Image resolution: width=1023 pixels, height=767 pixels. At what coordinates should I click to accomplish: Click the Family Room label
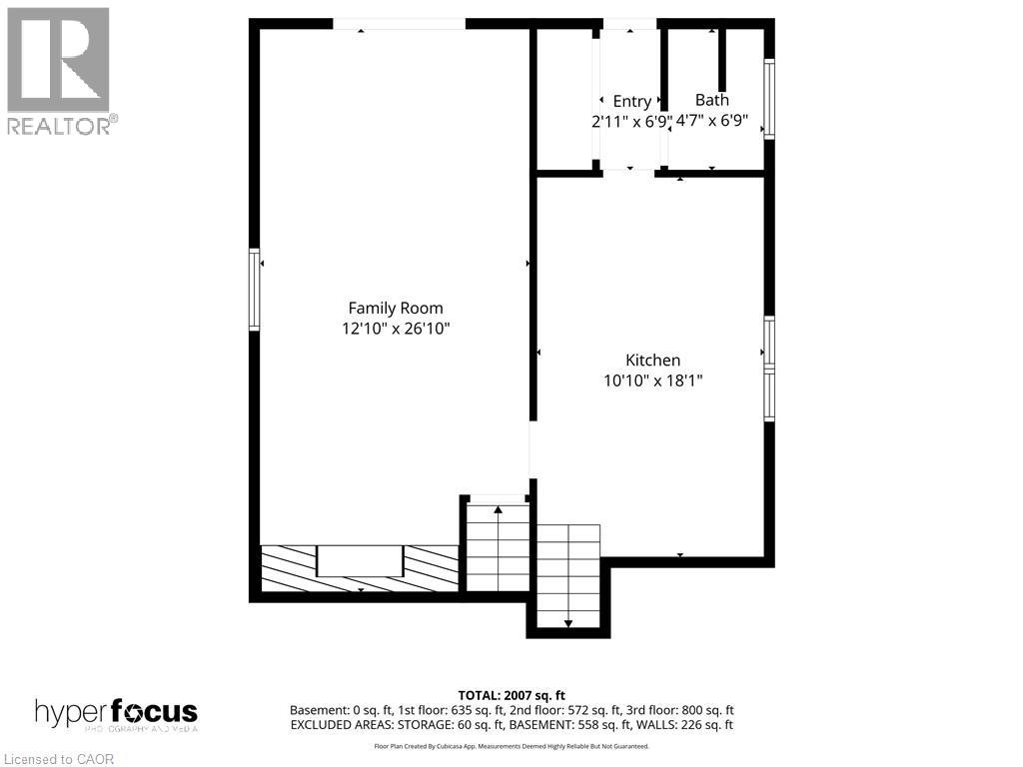(395, 308)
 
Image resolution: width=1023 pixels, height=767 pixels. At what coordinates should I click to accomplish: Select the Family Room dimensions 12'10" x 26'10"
(395, 328)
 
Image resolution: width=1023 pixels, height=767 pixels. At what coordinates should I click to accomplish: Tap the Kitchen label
(652, 360)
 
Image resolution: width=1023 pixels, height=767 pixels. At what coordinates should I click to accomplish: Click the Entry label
(631, 101)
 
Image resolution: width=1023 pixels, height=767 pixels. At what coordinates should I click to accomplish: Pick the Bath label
(711, 100)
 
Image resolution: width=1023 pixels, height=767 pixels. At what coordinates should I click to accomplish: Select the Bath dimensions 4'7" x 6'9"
(711, 120)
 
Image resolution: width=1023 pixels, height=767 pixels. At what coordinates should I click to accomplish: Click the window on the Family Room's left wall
(255, 290)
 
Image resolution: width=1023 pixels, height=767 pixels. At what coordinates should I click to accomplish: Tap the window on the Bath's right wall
(769, 99)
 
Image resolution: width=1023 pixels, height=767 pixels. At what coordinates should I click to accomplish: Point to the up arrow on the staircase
(498, 510)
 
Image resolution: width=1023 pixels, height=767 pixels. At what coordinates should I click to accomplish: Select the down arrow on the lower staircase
(568, 623)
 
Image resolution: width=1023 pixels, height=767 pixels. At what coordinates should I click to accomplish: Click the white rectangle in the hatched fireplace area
(360, 560)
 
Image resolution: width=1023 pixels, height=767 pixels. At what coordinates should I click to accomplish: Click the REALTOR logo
(59, 71)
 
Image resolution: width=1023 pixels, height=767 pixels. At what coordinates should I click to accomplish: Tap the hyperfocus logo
(116, 714)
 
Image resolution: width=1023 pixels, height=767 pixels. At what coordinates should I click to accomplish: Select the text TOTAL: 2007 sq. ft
(511, 695)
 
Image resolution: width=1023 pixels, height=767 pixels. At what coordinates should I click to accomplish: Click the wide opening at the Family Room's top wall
(399, 24)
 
